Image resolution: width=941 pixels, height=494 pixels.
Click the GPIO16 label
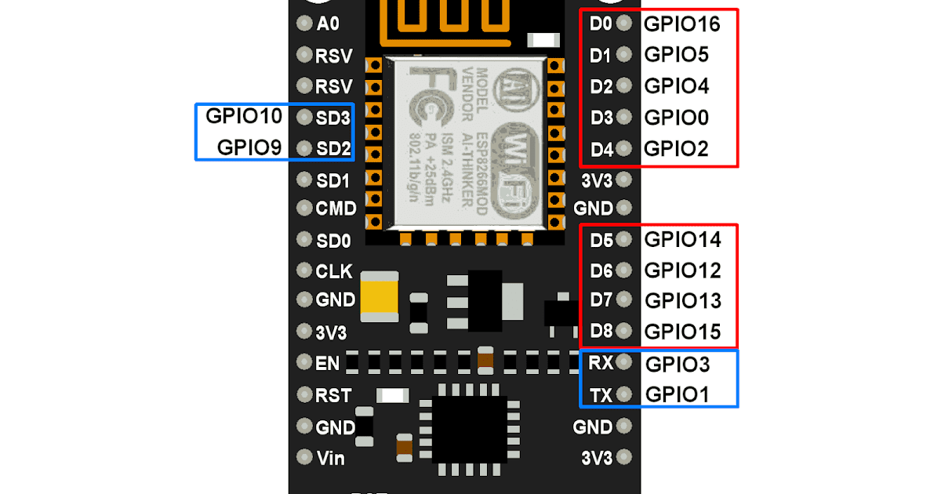[681, 24]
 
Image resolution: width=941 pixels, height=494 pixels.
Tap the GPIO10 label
[243, 117]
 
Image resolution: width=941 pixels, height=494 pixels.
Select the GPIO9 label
[249, 147]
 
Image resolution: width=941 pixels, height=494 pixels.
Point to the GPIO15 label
[682, 332]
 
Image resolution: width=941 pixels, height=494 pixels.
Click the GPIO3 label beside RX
[677, 365]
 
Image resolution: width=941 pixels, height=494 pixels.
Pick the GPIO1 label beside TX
[677, 394]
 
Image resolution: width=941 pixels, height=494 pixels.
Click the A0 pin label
[328, 24]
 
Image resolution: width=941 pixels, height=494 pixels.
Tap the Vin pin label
[330, 457]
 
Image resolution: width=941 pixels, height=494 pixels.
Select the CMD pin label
[336, 209]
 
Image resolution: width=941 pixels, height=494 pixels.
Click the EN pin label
[327, 363]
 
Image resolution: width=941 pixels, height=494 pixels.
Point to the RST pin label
[333, 395]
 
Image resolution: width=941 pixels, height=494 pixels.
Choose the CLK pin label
[334, 271]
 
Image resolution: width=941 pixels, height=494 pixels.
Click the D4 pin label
[601, 149]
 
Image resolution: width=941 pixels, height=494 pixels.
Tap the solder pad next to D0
[624, 24]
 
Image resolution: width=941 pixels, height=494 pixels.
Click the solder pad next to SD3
[304, 118]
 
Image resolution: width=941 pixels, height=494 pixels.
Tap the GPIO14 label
[682, 239]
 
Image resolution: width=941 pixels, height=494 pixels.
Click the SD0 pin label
[333, 240]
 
